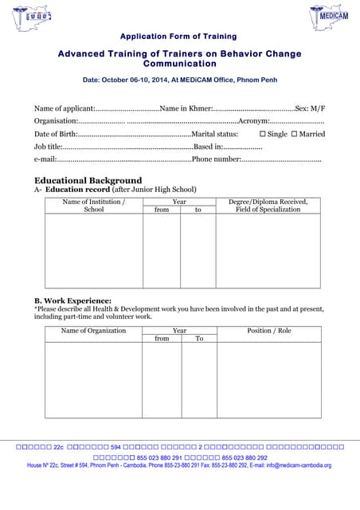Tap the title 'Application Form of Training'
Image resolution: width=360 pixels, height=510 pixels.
[178, 37]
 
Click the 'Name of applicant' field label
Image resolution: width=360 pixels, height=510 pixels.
[64, 108]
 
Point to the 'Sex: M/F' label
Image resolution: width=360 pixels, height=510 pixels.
[310, 108]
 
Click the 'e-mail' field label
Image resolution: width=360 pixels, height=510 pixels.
[45, 160]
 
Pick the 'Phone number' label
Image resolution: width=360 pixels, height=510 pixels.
[216, 160]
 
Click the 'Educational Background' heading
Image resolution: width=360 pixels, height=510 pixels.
[88, 180]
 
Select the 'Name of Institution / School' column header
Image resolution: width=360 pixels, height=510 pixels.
[94, 206]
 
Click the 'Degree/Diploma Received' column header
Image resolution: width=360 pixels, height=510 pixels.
[268, 202]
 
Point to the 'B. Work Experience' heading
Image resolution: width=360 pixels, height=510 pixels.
[72, 300]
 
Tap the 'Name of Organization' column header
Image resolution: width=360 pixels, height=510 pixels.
[93, 330]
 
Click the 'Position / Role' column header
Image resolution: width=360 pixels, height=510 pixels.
[269, 330]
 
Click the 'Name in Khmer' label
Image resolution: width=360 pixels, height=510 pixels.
[186, 108]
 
